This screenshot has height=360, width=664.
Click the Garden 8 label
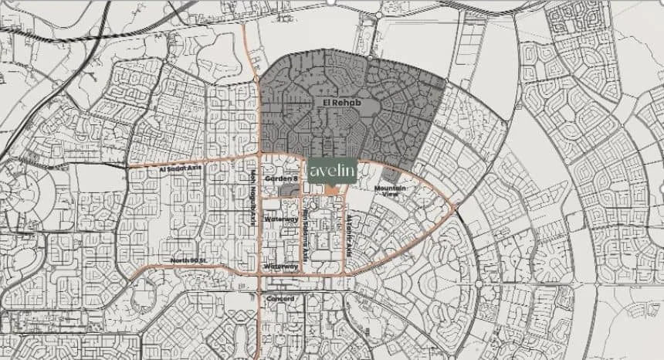(x=280, y=178)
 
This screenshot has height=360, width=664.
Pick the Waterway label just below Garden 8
(x=281, y=219)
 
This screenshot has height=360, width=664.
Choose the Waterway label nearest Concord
(x=281, y=267)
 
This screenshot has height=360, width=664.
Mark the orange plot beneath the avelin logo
(x=330, y=188)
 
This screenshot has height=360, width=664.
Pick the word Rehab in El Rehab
(x=344, y=102)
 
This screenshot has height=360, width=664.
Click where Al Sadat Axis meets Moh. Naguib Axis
(x=258, y=161)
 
